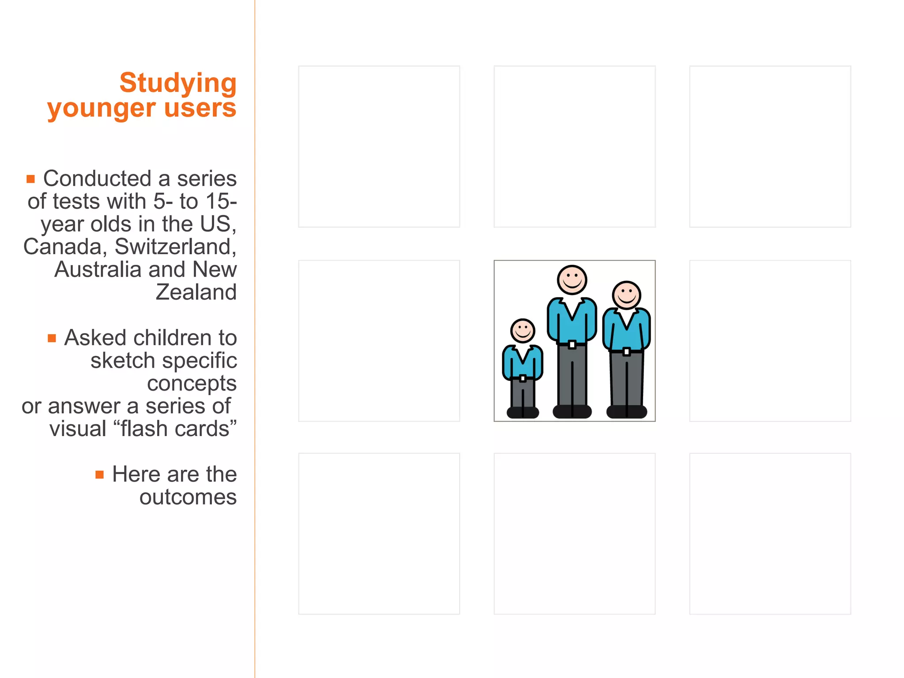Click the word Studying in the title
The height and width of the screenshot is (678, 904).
[178, 83]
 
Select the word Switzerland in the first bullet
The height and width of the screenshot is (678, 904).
[175, 247]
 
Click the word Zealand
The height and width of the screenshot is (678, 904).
[196, 292]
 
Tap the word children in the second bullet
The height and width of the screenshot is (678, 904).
[172, 338]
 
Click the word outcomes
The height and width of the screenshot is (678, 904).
[188, 497]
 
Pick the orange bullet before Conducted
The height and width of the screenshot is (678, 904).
[30, 179]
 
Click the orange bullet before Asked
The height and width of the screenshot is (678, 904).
[52, 338]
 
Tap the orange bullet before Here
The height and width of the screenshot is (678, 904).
[100, 475]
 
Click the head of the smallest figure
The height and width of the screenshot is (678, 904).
[523, 331]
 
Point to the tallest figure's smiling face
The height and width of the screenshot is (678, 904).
[572, 280]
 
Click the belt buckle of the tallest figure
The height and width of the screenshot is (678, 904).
[572, 344]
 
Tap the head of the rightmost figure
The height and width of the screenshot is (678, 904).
[626, 295]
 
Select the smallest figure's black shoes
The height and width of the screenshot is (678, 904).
[523, 412]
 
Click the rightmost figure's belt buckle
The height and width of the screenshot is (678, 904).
[626, 351]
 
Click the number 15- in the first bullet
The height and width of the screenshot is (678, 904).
[221, 202]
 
